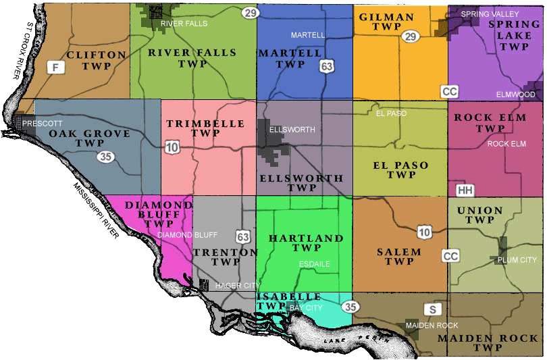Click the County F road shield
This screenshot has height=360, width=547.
click(56, 68)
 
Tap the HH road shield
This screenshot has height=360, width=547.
click(465, 190)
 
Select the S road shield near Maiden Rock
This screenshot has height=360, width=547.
click(432, 309)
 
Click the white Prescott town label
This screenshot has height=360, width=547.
click(42, 124)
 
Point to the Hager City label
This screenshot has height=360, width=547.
click(237, 286)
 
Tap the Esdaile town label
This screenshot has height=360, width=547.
click(314, 264)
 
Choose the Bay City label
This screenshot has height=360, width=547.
click(306, 308)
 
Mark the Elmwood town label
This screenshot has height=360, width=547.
click(515, 95)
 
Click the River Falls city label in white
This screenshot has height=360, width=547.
click(184, 24)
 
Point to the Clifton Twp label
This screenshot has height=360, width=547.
click(97, 60)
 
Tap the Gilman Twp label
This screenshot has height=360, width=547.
click(386, 22)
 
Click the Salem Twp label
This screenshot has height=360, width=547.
click(399, 257)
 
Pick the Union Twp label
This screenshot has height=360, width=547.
click(480, 215)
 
